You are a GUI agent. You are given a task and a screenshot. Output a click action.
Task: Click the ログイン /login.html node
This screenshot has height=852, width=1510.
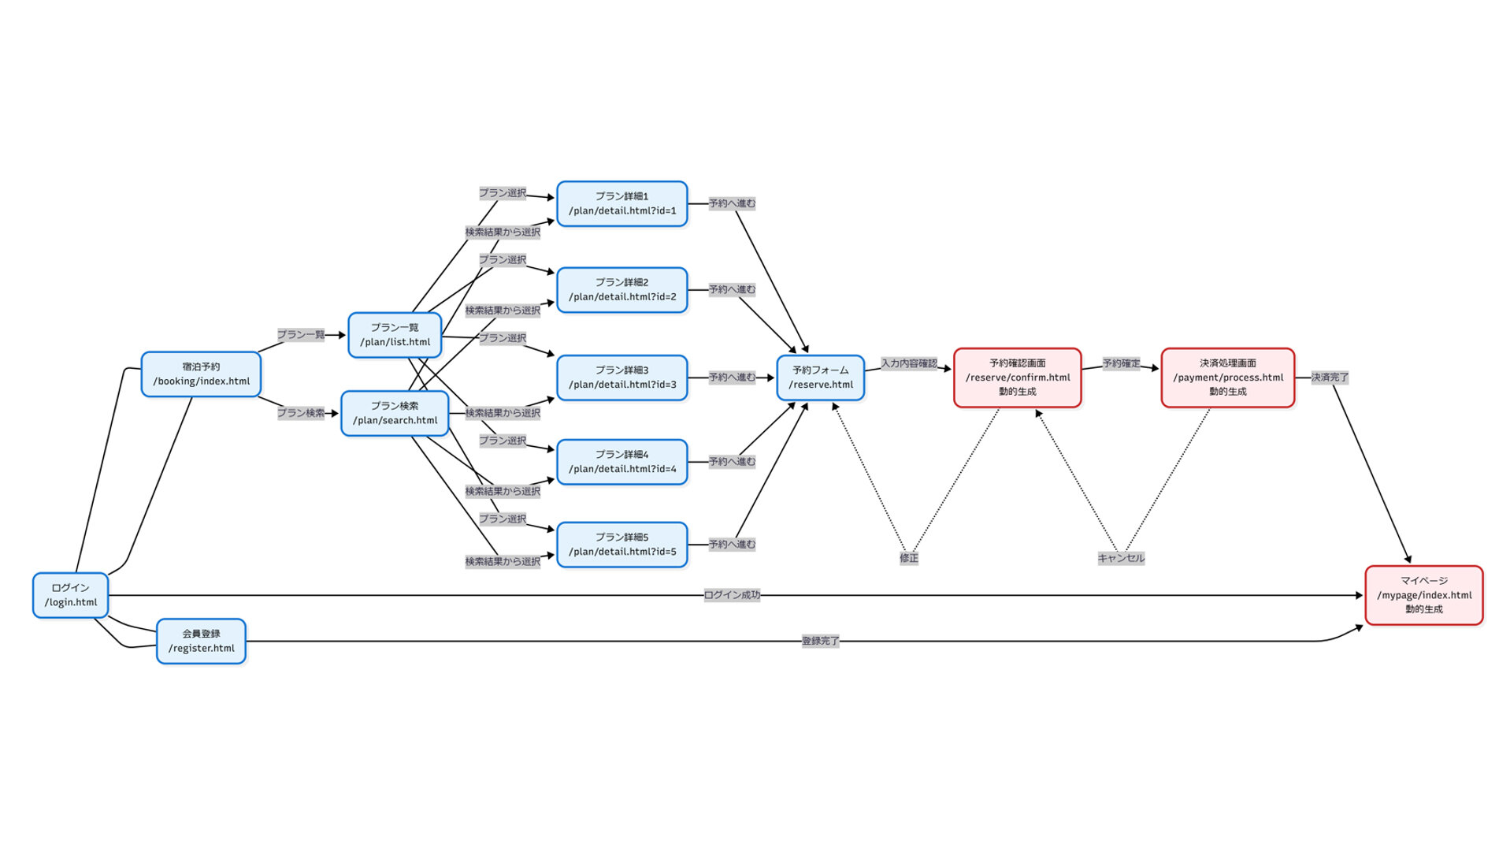click(x=70, y=595)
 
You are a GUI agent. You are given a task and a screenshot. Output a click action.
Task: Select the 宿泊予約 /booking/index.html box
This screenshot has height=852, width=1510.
click(x=201, y=374)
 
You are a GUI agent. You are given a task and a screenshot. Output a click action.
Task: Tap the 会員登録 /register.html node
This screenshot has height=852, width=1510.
click(x=201, y=641)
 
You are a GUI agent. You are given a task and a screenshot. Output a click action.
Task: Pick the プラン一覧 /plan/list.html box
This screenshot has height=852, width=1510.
click(x=395, y=335)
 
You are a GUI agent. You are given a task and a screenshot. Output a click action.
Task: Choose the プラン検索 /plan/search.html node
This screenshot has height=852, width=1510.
click(x=395, y=413)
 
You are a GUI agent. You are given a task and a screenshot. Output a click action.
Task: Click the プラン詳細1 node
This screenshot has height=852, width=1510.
click(x=621, y=203)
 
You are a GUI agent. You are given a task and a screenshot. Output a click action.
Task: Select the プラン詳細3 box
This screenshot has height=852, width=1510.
click(x=621, y=378)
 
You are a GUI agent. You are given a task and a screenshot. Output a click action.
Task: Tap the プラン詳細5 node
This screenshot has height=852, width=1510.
click(x=621, y=545)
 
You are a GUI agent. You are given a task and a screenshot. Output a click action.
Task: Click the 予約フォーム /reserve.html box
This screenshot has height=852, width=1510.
click(x=820, y=378)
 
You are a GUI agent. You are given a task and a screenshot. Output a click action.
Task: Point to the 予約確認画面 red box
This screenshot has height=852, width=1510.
click(x=1017, y=378)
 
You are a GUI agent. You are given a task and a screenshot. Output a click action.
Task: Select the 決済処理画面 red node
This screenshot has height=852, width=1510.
click(x=1227, y=378)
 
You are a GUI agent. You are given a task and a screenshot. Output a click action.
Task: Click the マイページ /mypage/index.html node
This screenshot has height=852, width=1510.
click(x=1423, y=595)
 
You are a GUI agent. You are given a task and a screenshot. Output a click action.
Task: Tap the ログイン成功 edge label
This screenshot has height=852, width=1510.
click(x=732, y=595)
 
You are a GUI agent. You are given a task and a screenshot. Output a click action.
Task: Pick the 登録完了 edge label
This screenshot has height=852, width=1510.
click(x=820, y=641)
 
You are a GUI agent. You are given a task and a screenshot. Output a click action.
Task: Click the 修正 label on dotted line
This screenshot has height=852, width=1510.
click(x=908, y=558)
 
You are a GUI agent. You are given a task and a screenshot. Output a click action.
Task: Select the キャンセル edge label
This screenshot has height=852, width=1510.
click(x=1121, y=558)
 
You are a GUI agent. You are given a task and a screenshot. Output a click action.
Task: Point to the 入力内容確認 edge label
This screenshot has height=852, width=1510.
click(x=908, y=363)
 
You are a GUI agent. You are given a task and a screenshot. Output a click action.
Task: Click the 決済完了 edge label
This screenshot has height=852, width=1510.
click(x=1330, y=378)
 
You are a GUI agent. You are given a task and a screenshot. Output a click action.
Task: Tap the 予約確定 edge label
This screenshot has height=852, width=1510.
click(x=1121, y=363)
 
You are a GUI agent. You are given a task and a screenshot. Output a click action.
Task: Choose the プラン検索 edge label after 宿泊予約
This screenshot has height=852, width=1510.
click(x=300, y=413)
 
